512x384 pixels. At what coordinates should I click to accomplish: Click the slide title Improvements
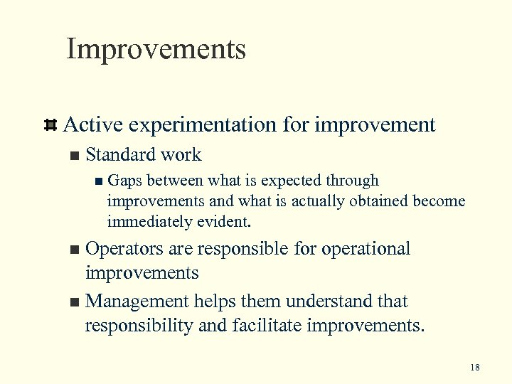[x=156, y=50]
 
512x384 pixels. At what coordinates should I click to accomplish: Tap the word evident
[x=224, y=222]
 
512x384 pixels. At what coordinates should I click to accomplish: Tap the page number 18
[x=475, y=368]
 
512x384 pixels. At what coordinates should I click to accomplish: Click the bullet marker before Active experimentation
[x=50, y=126]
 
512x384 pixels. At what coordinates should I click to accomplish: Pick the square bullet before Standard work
[x=70, y=156]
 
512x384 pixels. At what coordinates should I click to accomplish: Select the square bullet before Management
[x=70, y=302]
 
